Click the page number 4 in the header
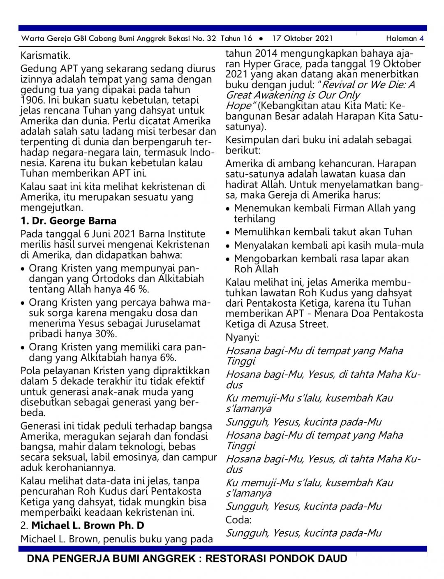[421, 39]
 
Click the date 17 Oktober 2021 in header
[303, 39]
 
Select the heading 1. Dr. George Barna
[68, 221]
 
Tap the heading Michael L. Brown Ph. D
[88, 526]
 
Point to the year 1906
[32, 100]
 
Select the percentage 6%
[167, 357]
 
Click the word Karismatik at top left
[45, 56]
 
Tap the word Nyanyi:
[242, 338]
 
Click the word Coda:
[238, 520]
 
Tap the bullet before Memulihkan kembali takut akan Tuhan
[228, 232]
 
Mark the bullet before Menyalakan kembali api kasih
[228, 246]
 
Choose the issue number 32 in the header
[211, 39]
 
